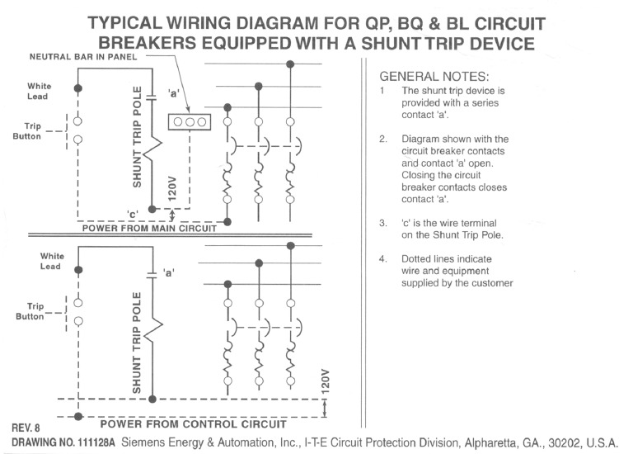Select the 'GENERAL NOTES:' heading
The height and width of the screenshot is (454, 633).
pyautogui.click(x=434, y=75)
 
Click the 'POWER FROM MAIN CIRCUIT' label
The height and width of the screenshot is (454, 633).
pyautogui.click(x=149, y=229)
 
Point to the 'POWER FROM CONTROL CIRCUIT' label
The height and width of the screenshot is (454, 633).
pyautogui.click(x=193, y=424)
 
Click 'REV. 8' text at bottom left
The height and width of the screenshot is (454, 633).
pyautogui.click(x=26, y=428)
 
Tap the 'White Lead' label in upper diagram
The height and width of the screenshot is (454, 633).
pyautogui.click(x=39, y=91)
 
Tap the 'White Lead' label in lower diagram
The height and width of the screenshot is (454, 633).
pyautogui.click(x=52, y=261)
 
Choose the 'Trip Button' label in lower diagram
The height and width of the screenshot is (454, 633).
pyautogui.click(x=30, y=311)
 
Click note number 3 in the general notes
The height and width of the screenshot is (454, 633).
pyautogui.click(x=382, y=223)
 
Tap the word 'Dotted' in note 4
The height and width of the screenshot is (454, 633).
pyautogui.click(x=419, y=258)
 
